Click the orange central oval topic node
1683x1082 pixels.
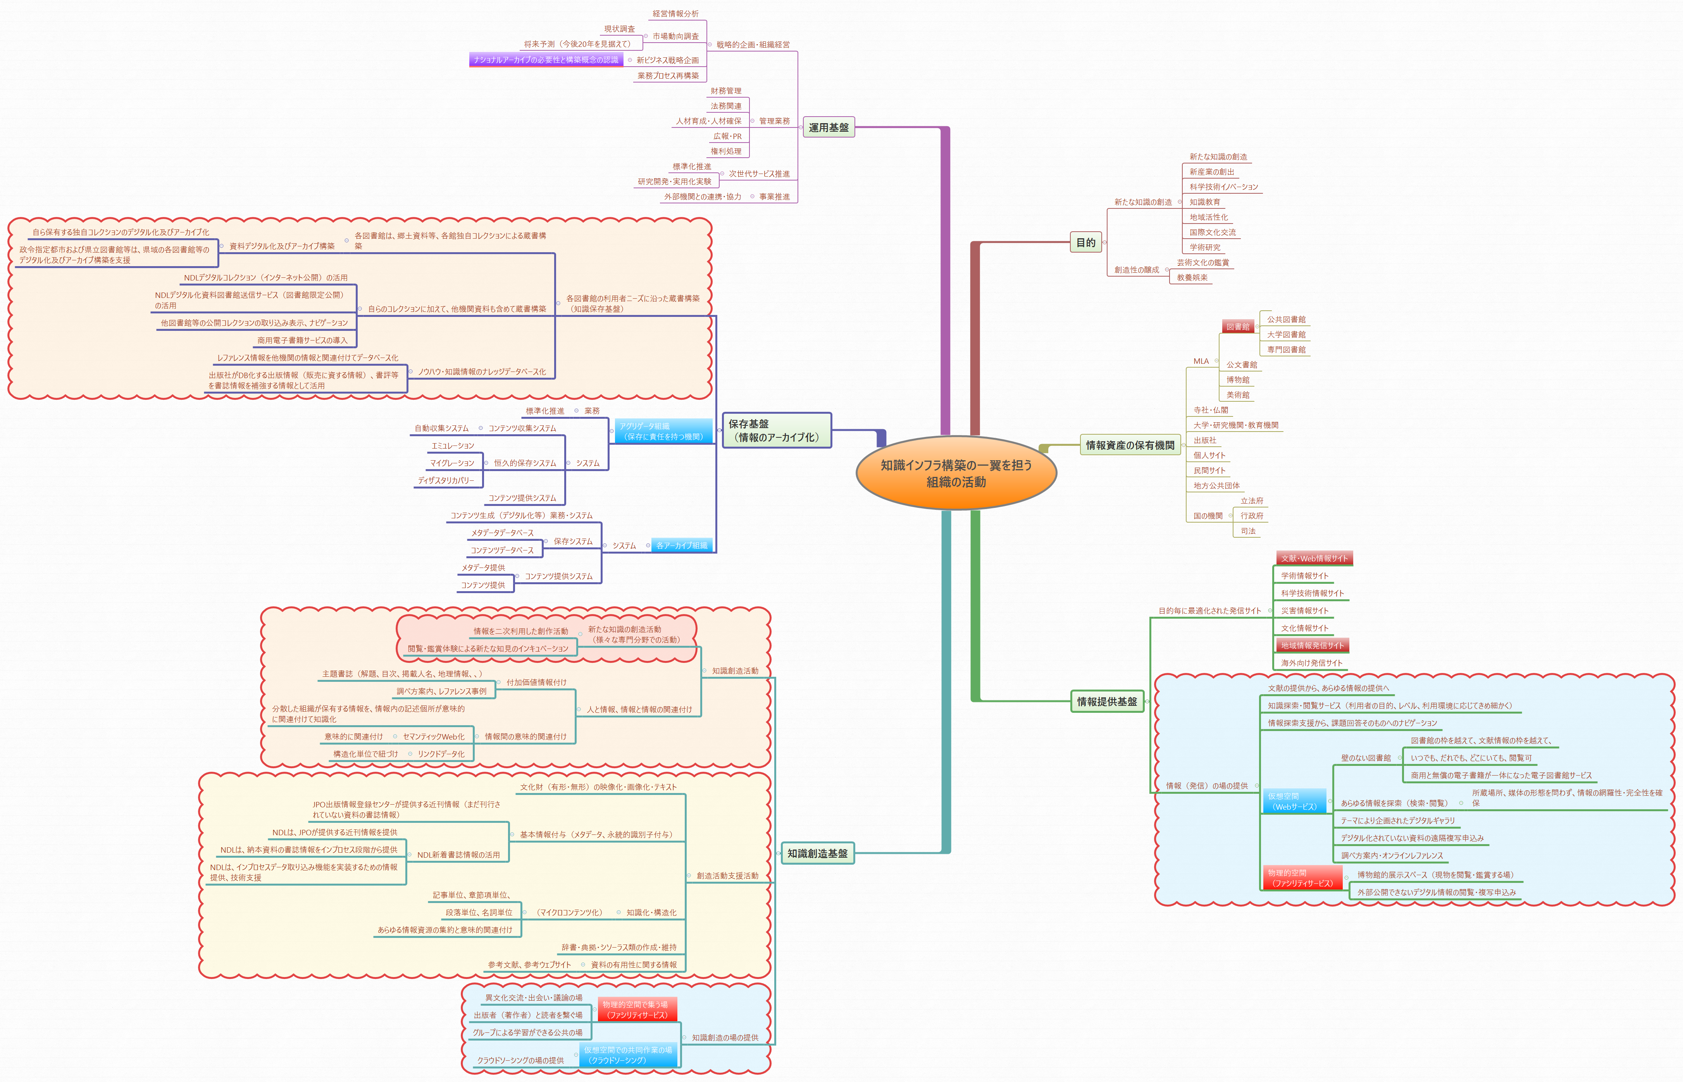(x=956, y=473)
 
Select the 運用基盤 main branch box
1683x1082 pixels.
(x=829, y=127)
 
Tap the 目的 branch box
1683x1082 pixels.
(x=1086, y=243)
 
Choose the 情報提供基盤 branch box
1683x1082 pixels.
(x=1107, y=701)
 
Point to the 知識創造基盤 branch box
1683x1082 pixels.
(x=817, y=853)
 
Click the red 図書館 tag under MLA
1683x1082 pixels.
(x=1237, y=327)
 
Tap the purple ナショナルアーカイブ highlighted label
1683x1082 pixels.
(x=546, y=60)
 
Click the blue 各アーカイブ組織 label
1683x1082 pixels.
(x=682, y=545)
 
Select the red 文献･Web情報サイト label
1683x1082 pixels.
(x=1314, y=559)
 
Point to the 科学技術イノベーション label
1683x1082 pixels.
(x=1223, y=187)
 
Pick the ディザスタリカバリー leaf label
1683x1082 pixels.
(x=446, y=481)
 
